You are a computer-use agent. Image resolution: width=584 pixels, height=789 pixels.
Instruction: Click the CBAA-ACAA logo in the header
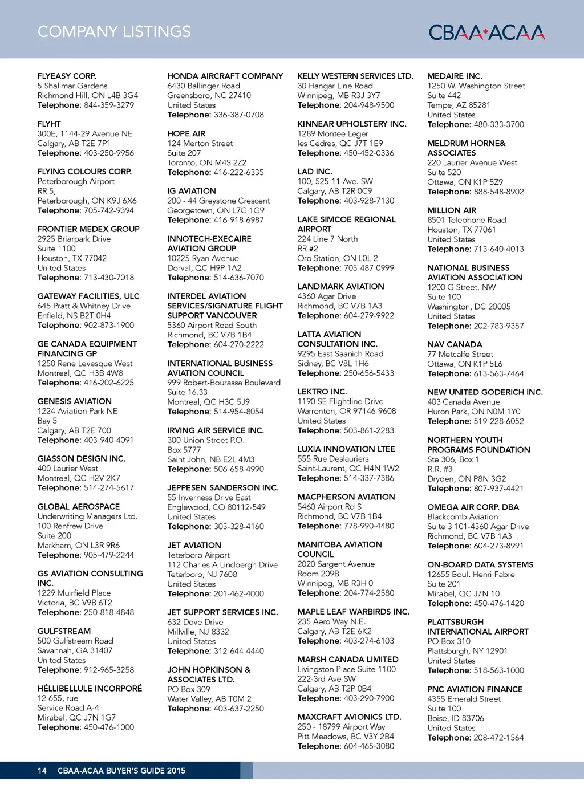tap(486, 32)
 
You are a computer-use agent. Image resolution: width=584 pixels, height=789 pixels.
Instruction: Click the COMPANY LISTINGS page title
tap(114, 32)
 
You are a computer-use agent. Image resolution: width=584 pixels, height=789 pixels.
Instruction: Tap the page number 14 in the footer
tap(42, 771)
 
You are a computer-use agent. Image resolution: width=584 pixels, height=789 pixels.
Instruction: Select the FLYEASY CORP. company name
tap(67, 76)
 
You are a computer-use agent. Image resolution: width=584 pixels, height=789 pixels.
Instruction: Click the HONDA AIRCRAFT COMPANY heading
tap(225, 76)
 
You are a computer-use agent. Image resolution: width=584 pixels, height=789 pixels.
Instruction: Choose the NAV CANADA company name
tap(455, 344)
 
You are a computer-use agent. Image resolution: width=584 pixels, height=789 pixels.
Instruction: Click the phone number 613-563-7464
tap(498, 373)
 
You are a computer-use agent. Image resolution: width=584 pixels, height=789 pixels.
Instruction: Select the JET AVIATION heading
tap(194, 545)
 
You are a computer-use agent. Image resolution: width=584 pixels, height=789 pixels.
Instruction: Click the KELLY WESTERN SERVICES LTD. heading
tap(355, 76)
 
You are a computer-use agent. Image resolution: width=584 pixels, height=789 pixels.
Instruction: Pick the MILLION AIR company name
tap(452, 210)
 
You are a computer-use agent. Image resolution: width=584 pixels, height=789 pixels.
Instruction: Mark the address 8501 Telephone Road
tap(467, 220)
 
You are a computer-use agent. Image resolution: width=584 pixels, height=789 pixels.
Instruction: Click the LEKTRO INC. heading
tap(322, 392)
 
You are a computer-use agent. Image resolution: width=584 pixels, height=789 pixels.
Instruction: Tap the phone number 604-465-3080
tap(368, 746)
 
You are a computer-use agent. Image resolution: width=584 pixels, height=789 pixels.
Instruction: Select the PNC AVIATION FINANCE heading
tap(474, 689)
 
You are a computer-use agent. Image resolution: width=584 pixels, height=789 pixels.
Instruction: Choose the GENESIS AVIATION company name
tap(75, 401)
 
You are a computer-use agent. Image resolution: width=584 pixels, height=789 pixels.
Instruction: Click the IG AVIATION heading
tap(192, 190)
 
